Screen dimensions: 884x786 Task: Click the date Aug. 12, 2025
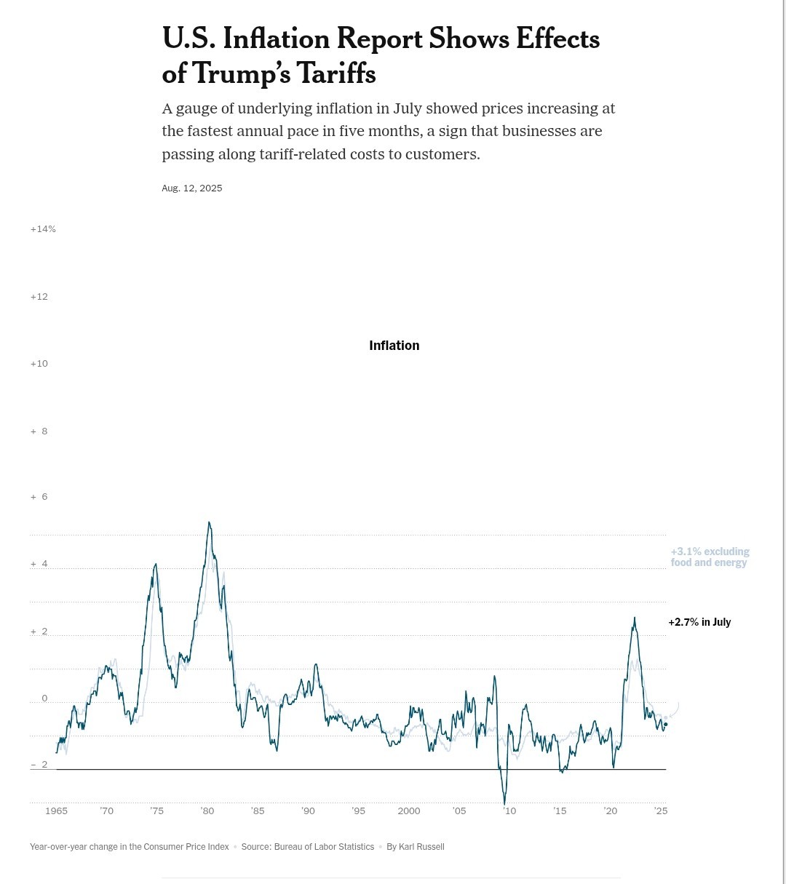[x=192, y=188]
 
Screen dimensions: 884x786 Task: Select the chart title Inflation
[x=394, y=346]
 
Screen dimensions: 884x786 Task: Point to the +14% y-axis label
[x=43, y=229]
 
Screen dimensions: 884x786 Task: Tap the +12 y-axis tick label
[x=39, y=297]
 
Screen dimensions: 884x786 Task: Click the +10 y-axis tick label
[x=39, y=364]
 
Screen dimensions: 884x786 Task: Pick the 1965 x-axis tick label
[x=56, y=811]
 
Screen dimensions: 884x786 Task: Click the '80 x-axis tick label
[x=207, y=811]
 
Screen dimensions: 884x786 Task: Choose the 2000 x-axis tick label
[x=409, y=811]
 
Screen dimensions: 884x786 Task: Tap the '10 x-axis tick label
[x=509, y=811]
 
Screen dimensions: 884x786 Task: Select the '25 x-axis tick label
[x=661, y=811]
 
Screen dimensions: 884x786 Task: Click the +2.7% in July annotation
[x=699, y=622]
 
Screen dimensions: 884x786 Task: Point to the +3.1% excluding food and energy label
[x=710, y=557]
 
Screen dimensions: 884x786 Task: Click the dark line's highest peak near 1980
[x=209, y=522]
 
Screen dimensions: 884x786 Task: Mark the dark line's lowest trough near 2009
[x=504, y=804]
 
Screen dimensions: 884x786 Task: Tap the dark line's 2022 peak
[x=634, y=618]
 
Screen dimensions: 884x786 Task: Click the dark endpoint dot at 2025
[x=665, y=724]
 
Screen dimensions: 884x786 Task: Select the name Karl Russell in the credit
[x=421, y=847]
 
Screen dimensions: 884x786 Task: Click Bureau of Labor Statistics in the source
[x=324, y=847]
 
